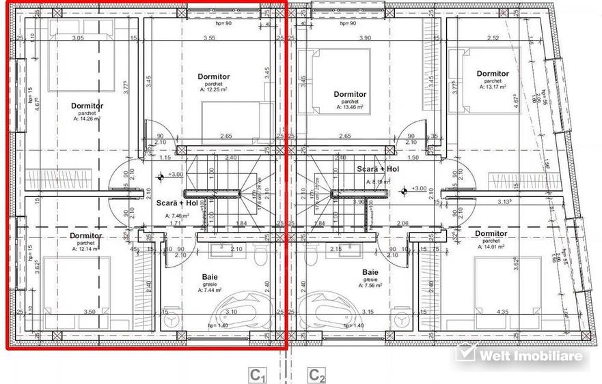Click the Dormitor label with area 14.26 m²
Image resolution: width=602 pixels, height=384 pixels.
[87, 106]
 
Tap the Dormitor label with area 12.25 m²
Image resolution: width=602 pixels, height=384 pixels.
[213, 76]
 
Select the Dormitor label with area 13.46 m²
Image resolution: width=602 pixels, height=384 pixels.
[350, 94]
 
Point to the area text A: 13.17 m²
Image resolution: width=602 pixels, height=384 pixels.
[492, 87]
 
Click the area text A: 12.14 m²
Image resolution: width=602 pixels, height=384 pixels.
[86, 249]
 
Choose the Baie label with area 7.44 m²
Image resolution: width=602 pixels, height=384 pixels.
[210, 277]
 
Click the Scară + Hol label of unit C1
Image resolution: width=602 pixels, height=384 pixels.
[176, 203]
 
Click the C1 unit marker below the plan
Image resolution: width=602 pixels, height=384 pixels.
[256, 374]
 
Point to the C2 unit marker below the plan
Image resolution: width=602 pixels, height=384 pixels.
[316, 374]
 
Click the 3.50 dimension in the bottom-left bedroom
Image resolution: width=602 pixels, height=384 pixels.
[89, 312]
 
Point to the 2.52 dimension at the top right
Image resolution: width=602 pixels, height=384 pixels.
[492, 38]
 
